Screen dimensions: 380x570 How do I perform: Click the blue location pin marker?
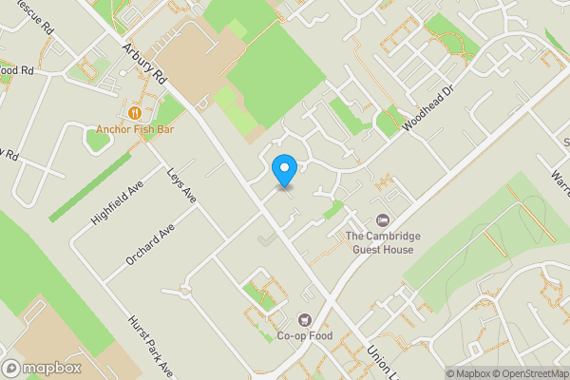tap(283, 170)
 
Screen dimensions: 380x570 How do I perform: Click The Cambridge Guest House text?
tap(379, 243)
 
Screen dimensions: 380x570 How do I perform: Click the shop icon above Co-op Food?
tap(305, 320)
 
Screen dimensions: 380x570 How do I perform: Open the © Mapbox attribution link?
tap(468, 373)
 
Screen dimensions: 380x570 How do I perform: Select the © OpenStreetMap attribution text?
tap(527, 373)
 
